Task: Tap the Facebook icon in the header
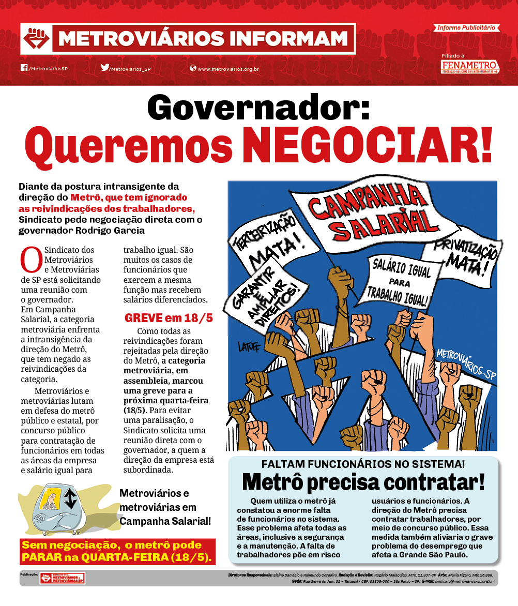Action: coord(24,68)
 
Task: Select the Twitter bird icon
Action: coord(105,68)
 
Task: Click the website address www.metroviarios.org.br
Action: coord(228,69)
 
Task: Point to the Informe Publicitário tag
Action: coord(465,27)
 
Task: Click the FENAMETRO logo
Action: coord(469,66)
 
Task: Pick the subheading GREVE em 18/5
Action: coord(169,317)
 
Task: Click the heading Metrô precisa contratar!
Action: coord(363,482)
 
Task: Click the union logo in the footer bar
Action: coord(63,578)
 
